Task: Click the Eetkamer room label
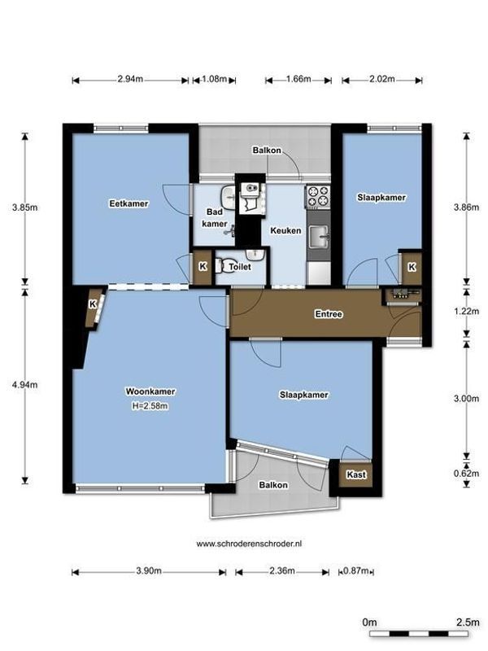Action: [x=129, y=203]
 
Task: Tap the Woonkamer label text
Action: [x=150, y=391]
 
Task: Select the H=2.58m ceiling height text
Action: [x=150, y=406]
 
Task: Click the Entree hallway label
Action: [x=329, y=313]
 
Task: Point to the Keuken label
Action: [x=287, y=230]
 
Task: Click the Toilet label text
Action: [x=240, y=266]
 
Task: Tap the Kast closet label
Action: [x=355, y=474]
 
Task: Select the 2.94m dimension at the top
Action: [x=130, y=80]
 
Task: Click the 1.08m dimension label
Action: [x=214, y=80]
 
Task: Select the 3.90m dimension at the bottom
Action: [x=149, y=571]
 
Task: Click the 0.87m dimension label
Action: [x=356, y=571]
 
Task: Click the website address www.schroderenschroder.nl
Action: [x=245, y=543]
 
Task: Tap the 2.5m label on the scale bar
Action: [x=467, y=623]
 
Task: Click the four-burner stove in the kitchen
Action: [x=317, y=196]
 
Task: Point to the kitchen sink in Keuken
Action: [x=319, y=238]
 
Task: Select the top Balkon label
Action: [x=266, y=151]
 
